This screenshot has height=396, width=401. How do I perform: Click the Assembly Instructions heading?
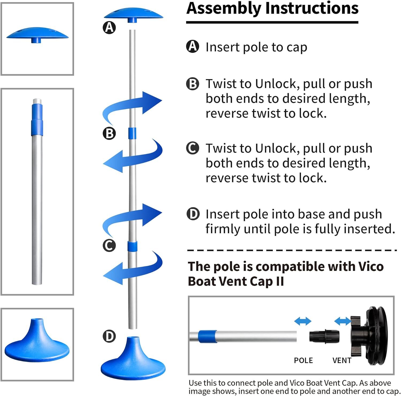[x=272, y=9]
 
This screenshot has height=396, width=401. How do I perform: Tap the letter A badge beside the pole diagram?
[x=109, y=27]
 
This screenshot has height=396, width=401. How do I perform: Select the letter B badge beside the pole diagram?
[x=109, y=133]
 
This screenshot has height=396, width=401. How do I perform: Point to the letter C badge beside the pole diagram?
[x=109, y=246]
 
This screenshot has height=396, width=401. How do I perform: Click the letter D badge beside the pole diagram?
[x=109, y=336]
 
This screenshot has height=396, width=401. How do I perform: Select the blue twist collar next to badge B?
[x=132, y=133]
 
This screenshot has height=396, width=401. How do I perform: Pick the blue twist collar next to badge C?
[x=132, y=246]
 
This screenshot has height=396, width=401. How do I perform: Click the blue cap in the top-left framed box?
[x=37, y=35]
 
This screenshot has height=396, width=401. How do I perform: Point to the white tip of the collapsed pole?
[x=37, y=101]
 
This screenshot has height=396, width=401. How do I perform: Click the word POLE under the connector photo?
[x=303, y=360]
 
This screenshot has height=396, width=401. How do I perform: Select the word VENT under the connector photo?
[x=342, y=360]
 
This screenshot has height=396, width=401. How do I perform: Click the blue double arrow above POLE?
[x=303, y=321]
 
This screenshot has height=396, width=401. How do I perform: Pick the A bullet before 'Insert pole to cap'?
[x=192, y=46]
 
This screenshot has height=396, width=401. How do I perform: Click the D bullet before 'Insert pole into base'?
[x=193, y=214]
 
